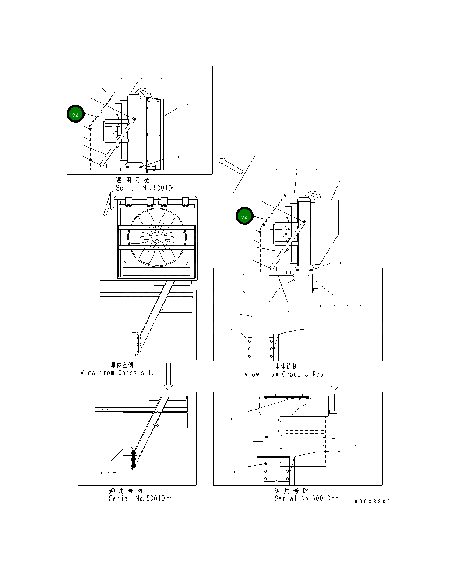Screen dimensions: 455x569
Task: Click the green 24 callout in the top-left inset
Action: tap(75, 114)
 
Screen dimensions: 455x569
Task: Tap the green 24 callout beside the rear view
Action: tap(244, 216)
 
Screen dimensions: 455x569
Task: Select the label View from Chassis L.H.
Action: tap(120, 373)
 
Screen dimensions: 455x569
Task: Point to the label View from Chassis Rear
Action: tap(286, 374)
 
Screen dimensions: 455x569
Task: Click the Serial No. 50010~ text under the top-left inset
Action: tap(147, 188)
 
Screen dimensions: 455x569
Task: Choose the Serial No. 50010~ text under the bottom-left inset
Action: tap(141, 498)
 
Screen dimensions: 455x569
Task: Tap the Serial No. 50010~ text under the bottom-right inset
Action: tap(306, 498)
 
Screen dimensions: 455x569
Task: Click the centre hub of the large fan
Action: tap(157, 237)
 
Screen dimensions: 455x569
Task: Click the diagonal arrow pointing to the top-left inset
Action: tap(230, 166)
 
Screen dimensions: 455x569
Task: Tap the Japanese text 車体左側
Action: tap(122, 365)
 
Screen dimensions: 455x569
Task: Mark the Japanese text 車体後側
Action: tap(286, 366)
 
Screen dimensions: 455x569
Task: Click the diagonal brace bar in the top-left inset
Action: tap(117, 142)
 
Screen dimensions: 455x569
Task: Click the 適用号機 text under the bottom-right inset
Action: tap(292, 491)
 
